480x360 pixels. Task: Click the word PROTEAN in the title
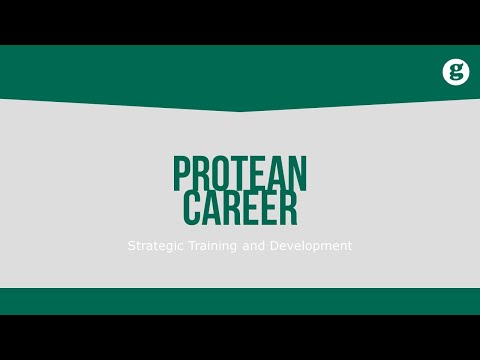tap(240, 173)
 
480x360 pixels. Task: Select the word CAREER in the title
tap(240, 208)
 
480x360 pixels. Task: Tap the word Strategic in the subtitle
tap(154, 245)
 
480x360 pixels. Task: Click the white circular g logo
tap(456, 72)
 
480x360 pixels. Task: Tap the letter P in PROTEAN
tap(182, 173)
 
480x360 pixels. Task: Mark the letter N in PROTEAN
tap(298, 173)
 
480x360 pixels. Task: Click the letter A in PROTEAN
tap(277, 173)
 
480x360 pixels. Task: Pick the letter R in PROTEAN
tap(201, 173)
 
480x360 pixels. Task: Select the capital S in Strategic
tap(131, 245)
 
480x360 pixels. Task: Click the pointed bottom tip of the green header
tap(240, 111)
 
